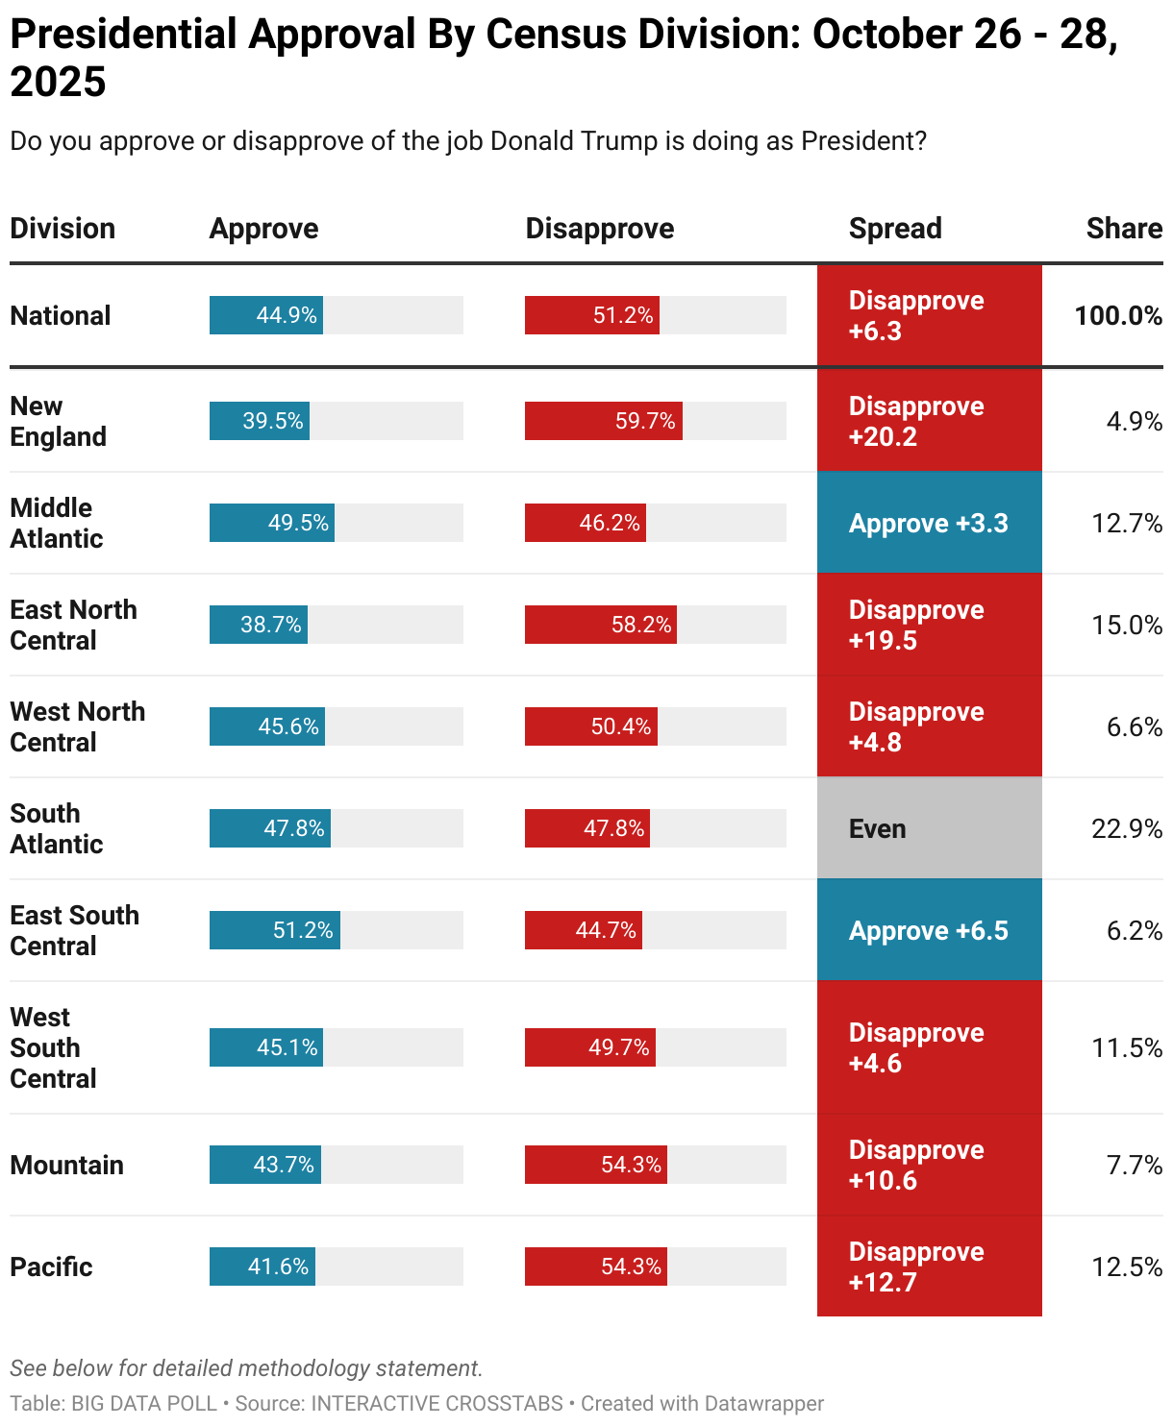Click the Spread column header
(x=894, y=229)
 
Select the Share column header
(x=1123, y=229)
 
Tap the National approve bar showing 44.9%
(x=266, y=315)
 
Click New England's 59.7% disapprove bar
(x=603, y=421)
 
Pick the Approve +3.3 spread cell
(x=929, y=523)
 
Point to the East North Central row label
(x=73, y=625)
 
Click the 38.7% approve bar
(x=259, y=625)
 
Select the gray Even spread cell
(x=929, y=828)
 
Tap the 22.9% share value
(x=1126, y=828)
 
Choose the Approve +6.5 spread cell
(x=929, y=930)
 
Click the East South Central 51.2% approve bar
(x=275, y=930)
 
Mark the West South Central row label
(x=53, y=1047)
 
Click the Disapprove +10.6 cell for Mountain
(x=929, y=1165)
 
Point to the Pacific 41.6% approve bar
(x=262, y=1266)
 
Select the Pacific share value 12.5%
(x=1126, y=1266)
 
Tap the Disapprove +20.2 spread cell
(x=929, y=421)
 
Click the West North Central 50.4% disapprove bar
(x=590, y=726)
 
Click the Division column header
(x=62, y=229)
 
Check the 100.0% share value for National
(x=1117, y=315)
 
